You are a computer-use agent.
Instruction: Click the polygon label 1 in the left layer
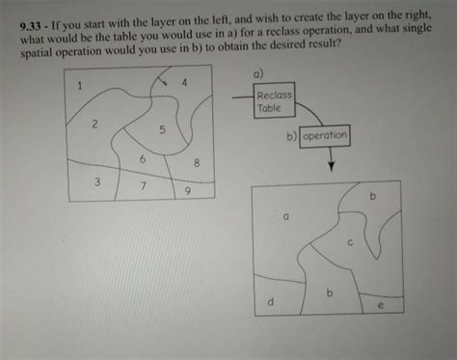tap(80, 86)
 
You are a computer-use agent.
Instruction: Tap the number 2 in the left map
tap(94, 124)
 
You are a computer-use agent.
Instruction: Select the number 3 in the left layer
tap(97, 182)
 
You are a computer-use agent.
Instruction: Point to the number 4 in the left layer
tap(184, 83)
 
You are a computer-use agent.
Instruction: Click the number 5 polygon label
tap(162, 129)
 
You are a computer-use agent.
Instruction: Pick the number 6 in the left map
tap(143, 159)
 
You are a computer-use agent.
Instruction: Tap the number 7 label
tap(144, 186)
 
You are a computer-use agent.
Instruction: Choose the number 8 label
tap(197, 163)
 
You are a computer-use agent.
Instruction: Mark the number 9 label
tap(188, 191)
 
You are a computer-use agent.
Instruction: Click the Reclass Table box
tap(274, 100)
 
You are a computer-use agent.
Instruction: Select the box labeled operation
tap(325, 136)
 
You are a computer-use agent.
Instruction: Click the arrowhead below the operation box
tap(332, 166)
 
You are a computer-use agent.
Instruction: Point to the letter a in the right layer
tap(285, 217)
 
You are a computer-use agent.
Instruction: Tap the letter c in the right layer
tap(350, 242)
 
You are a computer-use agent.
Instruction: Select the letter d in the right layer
tap(271, 301)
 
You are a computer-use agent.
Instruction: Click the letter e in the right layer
tap(381, 305)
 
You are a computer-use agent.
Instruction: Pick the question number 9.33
tap(30, 26)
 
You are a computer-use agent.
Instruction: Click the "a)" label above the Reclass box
tap(258, 74)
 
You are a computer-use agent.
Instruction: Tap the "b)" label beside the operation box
tap(292, 136)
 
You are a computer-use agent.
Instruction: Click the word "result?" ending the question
tap(324, 43)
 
